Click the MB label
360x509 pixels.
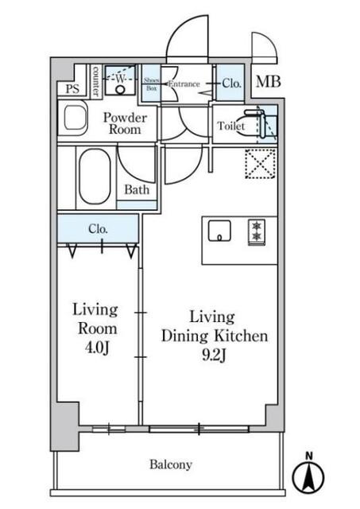point(269,82)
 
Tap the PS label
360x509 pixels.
point(72,89)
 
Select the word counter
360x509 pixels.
point(95,81)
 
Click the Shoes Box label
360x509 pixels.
point(152,84)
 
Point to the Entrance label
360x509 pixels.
point(184,84)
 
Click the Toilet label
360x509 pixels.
point(231,126)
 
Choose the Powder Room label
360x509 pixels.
point(126,123)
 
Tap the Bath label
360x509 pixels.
point(137,189)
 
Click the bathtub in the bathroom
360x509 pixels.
point(95,177)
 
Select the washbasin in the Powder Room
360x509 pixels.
point(75,119)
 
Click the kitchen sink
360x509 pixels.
point(219,231)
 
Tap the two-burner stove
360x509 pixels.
point(257,232)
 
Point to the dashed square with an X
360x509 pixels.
point(261,163)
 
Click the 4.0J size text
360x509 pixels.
point(97,348)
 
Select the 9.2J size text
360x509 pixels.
point(214,356)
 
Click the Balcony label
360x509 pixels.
point(171,464)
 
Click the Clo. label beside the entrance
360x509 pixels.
point(231,84)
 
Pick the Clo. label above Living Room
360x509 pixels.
point(98,229)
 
